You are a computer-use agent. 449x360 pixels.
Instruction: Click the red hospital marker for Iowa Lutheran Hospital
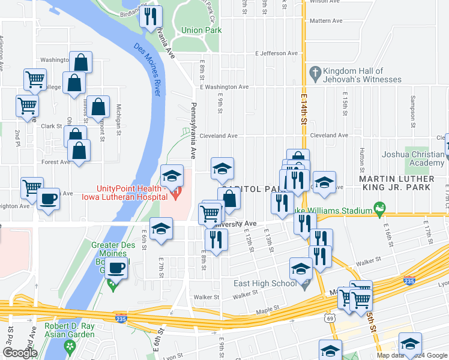point(176,194)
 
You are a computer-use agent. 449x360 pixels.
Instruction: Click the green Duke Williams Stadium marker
point(379,210)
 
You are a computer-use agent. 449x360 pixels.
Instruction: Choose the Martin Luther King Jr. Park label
point(396,183)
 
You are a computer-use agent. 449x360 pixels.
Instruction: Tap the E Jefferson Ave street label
point(276,53)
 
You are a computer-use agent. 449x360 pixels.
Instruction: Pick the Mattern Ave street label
point(326,20)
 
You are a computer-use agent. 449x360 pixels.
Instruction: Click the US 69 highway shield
point(331,318)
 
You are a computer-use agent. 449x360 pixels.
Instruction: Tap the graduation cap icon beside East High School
point(301,268)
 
